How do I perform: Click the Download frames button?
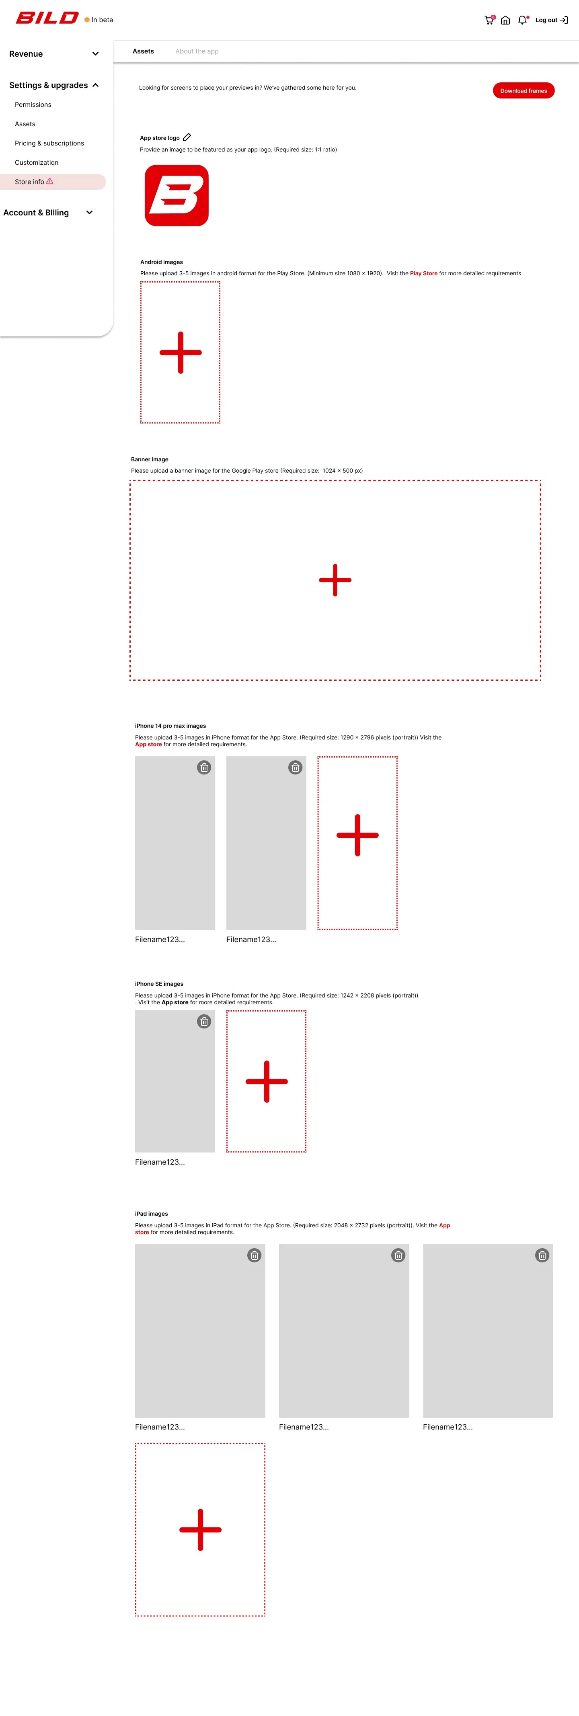click(523, 90)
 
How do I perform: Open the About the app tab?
click(197, 51)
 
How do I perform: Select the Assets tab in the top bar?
click(143, 51)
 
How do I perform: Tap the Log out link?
click(551, 20)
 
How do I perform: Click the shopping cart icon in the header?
click(489, 20)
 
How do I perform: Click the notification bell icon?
click(522, 20)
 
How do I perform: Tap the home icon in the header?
click(505, 20)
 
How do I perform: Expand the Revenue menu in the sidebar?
click(53, 54)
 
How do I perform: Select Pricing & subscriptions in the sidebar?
click(49, 143)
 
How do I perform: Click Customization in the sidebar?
click(37, 162)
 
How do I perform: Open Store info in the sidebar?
click(30, 182)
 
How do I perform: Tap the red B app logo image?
click(177, 196)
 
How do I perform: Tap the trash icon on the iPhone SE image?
click(204, 1021)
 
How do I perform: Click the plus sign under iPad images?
click(200, 1530)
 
